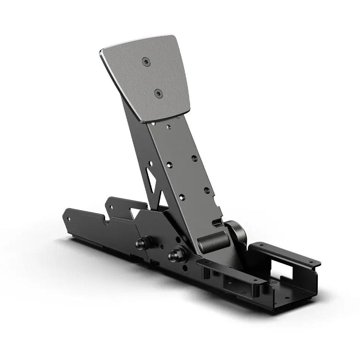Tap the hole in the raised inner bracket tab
click(x=111, y=205)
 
